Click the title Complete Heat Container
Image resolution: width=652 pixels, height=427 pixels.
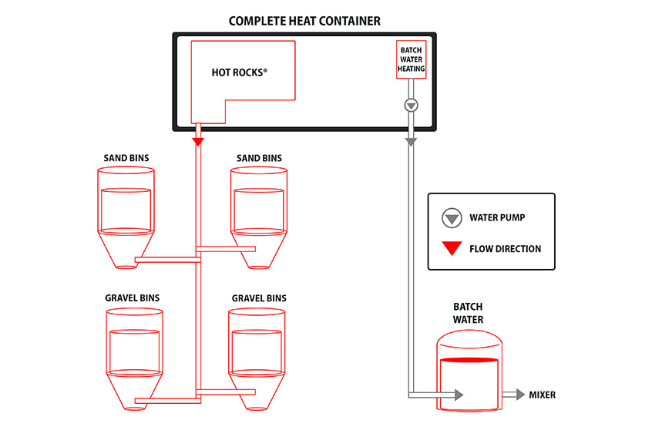tap(304, 21)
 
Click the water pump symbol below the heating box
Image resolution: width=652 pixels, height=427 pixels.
tap(411, 105)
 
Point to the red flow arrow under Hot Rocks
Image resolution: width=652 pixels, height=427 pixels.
tap(198, 141)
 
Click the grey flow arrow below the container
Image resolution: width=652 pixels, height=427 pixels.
tap(411, 141)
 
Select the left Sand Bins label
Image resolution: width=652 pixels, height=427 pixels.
tap(126, 158)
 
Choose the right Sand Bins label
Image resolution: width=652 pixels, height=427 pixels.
tap(259, 158)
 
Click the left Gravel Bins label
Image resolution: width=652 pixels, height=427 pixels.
tap(132, 298)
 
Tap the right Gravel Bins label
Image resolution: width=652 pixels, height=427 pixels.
tap(259, 298)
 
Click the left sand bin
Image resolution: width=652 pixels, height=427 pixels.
tap(126, 216)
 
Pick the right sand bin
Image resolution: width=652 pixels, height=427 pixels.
tap(259, 216)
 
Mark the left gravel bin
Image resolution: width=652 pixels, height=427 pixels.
tap(134, 355)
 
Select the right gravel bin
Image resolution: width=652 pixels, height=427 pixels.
tap(258, 355)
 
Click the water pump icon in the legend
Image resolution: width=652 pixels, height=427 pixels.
tap(451, 218)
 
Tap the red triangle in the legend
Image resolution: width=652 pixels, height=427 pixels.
tap(451, 249)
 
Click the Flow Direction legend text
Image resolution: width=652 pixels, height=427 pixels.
tap(505, 249)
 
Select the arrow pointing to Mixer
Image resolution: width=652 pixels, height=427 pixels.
tap(513, 395)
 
